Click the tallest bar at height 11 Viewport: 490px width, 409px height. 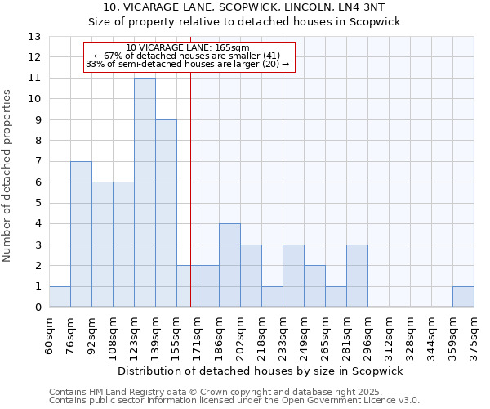[x=145, y=192]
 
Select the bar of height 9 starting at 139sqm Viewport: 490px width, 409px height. [x=166, y=213]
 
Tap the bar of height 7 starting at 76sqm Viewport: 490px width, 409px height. [x=81, y=234]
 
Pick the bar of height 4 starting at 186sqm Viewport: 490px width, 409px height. [x=229, y=265]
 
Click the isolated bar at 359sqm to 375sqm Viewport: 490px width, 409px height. [x=463, y=297]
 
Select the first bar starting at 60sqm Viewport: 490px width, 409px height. [x=60, y=297]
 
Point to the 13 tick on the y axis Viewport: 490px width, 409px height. [x=34, y=37]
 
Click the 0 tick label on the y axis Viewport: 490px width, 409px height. [x=38, y=308]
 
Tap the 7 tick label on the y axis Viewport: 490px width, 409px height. [x=38, y=162]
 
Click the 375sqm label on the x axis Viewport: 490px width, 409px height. [x=474, y=334]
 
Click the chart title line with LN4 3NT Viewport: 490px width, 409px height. [x=244, y=7]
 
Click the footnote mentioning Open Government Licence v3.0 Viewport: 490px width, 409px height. [x=234, y=401]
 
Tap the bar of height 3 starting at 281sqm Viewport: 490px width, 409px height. [x=357, y=276]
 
